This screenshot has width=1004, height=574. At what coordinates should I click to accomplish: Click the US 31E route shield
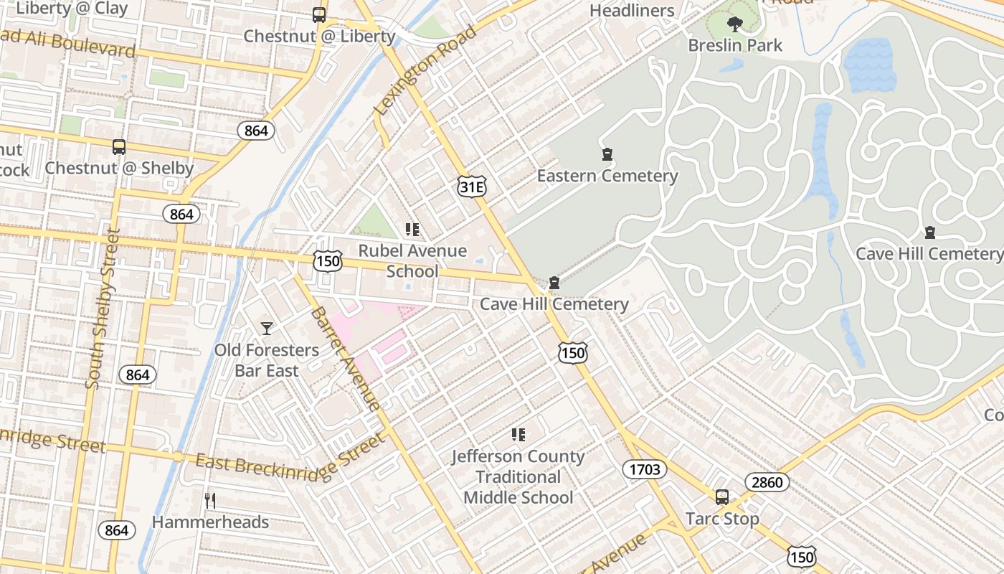pos(472,187)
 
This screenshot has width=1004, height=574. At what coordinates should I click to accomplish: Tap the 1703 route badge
pos(644,469)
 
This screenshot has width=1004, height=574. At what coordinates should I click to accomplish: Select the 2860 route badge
pos(767,482)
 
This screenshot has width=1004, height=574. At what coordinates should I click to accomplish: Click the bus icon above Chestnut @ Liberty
pos(319,15)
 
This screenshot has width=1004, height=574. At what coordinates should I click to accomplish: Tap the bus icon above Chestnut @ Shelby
pos(119,147)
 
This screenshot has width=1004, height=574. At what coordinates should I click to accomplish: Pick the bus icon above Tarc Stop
pos(722,497)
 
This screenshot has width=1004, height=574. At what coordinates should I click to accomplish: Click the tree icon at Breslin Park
pos(734,24)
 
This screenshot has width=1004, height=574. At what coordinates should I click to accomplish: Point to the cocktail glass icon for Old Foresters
pos(267,329)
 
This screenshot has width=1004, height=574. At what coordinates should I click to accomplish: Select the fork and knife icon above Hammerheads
pos(210,501)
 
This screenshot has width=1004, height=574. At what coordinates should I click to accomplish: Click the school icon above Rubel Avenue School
pos(412,230)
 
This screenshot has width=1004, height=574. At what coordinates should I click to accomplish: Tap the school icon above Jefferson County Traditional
pos(518,434)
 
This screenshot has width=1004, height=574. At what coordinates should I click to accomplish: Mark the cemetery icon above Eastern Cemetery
pos(607,154)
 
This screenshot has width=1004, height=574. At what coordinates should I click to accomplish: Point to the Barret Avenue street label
pos(346,359)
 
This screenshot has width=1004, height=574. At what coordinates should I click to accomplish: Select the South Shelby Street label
pos(103,309)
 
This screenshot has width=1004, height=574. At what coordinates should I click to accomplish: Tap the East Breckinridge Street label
pos(290,457)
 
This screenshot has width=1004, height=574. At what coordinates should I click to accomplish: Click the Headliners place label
pos(632,11)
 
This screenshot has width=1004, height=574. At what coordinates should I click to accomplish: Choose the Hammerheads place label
pos(210,522)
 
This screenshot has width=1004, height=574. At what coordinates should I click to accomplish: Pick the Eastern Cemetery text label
pos(607,176)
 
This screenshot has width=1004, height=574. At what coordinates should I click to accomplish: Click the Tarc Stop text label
pos(722,519)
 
